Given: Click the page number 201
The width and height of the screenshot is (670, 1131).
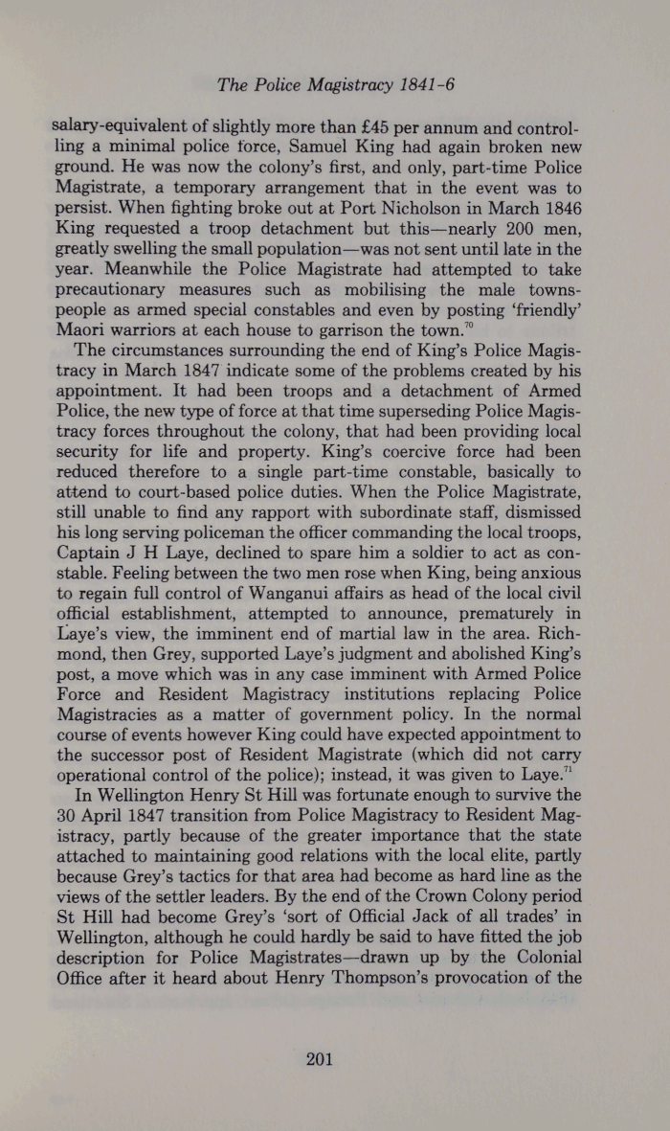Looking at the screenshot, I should coord(320,1058).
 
